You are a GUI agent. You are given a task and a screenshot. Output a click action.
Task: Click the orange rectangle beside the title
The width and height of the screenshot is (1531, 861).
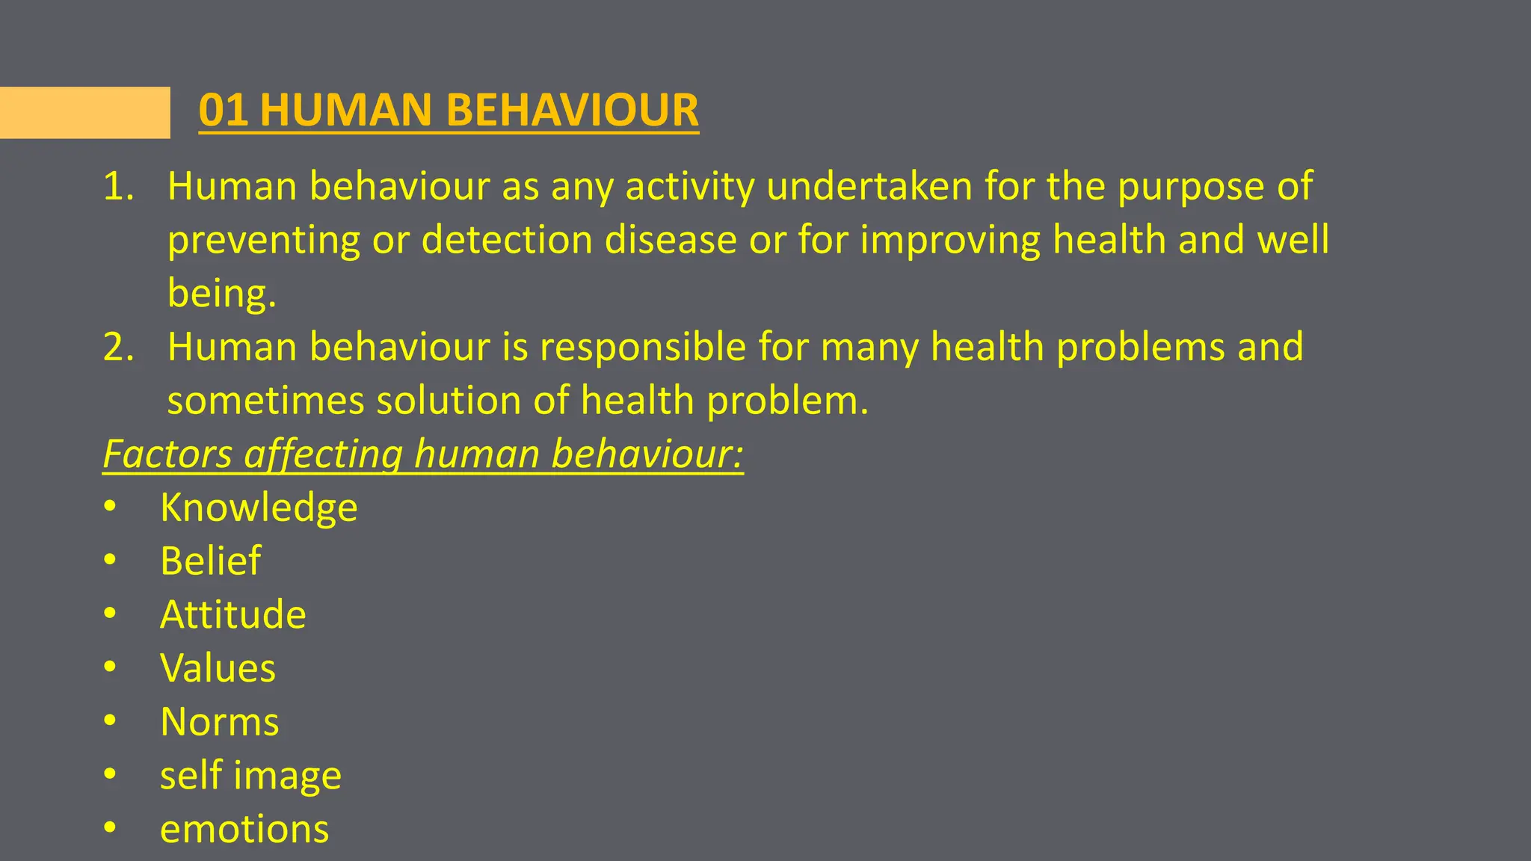click(84, 113)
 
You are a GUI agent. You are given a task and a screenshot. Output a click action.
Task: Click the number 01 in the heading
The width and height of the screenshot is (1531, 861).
click(223, 111)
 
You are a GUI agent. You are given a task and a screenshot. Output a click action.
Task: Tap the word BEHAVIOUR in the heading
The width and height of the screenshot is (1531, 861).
click(572, 111)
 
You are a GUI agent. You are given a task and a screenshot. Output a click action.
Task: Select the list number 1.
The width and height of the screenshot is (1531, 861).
click(118, 187)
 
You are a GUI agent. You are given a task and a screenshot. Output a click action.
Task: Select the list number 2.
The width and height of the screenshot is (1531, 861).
click(118, 348)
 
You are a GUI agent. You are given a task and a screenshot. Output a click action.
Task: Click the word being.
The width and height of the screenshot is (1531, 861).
click(221, 294)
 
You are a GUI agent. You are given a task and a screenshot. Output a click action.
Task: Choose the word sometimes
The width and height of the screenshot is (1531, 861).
click(265, 401)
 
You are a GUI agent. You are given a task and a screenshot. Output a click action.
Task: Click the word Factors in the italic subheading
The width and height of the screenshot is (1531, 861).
click(168, 454)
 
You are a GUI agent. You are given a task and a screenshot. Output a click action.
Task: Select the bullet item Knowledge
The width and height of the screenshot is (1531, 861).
click(259, 508)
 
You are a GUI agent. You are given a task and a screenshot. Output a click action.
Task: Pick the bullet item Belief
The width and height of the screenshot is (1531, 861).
click(210, 561)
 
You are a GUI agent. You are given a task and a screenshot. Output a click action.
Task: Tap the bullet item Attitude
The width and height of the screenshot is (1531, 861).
click(232, 615)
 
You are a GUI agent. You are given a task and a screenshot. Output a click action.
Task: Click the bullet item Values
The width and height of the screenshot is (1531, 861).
click(218, 668)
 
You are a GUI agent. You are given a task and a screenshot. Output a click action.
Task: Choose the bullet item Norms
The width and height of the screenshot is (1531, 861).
click(219, 722)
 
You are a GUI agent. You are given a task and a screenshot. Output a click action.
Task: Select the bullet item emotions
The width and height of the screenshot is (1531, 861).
click(244, 830)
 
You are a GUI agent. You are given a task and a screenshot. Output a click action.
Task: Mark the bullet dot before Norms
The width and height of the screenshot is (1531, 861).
click(111, 721)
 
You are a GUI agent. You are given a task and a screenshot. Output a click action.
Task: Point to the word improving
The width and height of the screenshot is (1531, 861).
click(949, 241)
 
